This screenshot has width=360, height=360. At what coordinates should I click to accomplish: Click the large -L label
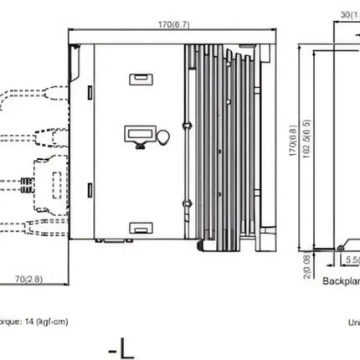121,347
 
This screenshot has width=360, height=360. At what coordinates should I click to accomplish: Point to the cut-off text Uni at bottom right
353,321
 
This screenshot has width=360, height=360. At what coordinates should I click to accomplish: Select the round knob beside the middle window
162,136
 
